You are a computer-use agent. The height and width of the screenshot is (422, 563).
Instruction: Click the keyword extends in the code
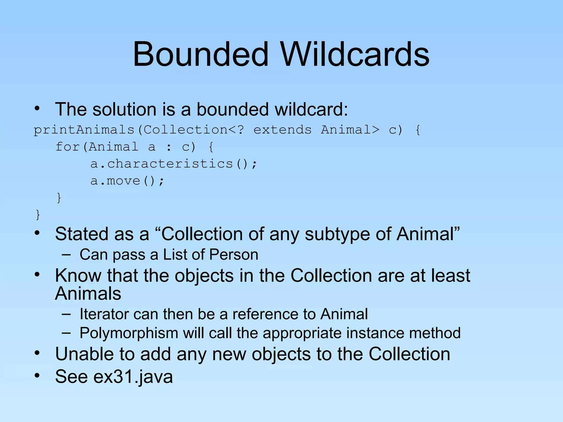point(282,130)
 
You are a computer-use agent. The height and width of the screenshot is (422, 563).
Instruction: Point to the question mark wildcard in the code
point(240,130)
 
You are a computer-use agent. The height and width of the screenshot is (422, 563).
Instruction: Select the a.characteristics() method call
point(173,164)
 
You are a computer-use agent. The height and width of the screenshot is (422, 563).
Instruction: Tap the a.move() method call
point(127,181)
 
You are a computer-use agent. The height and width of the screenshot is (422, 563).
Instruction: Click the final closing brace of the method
point(38,215)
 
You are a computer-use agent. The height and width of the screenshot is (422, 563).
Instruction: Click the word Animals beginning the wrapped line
point(88,293)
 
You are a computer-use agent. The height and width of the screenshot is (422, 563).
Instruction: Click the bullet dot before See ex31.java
point(37,375)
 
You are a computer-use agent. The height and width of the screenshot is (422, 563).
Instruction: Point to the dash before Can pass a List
point(66,255)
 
